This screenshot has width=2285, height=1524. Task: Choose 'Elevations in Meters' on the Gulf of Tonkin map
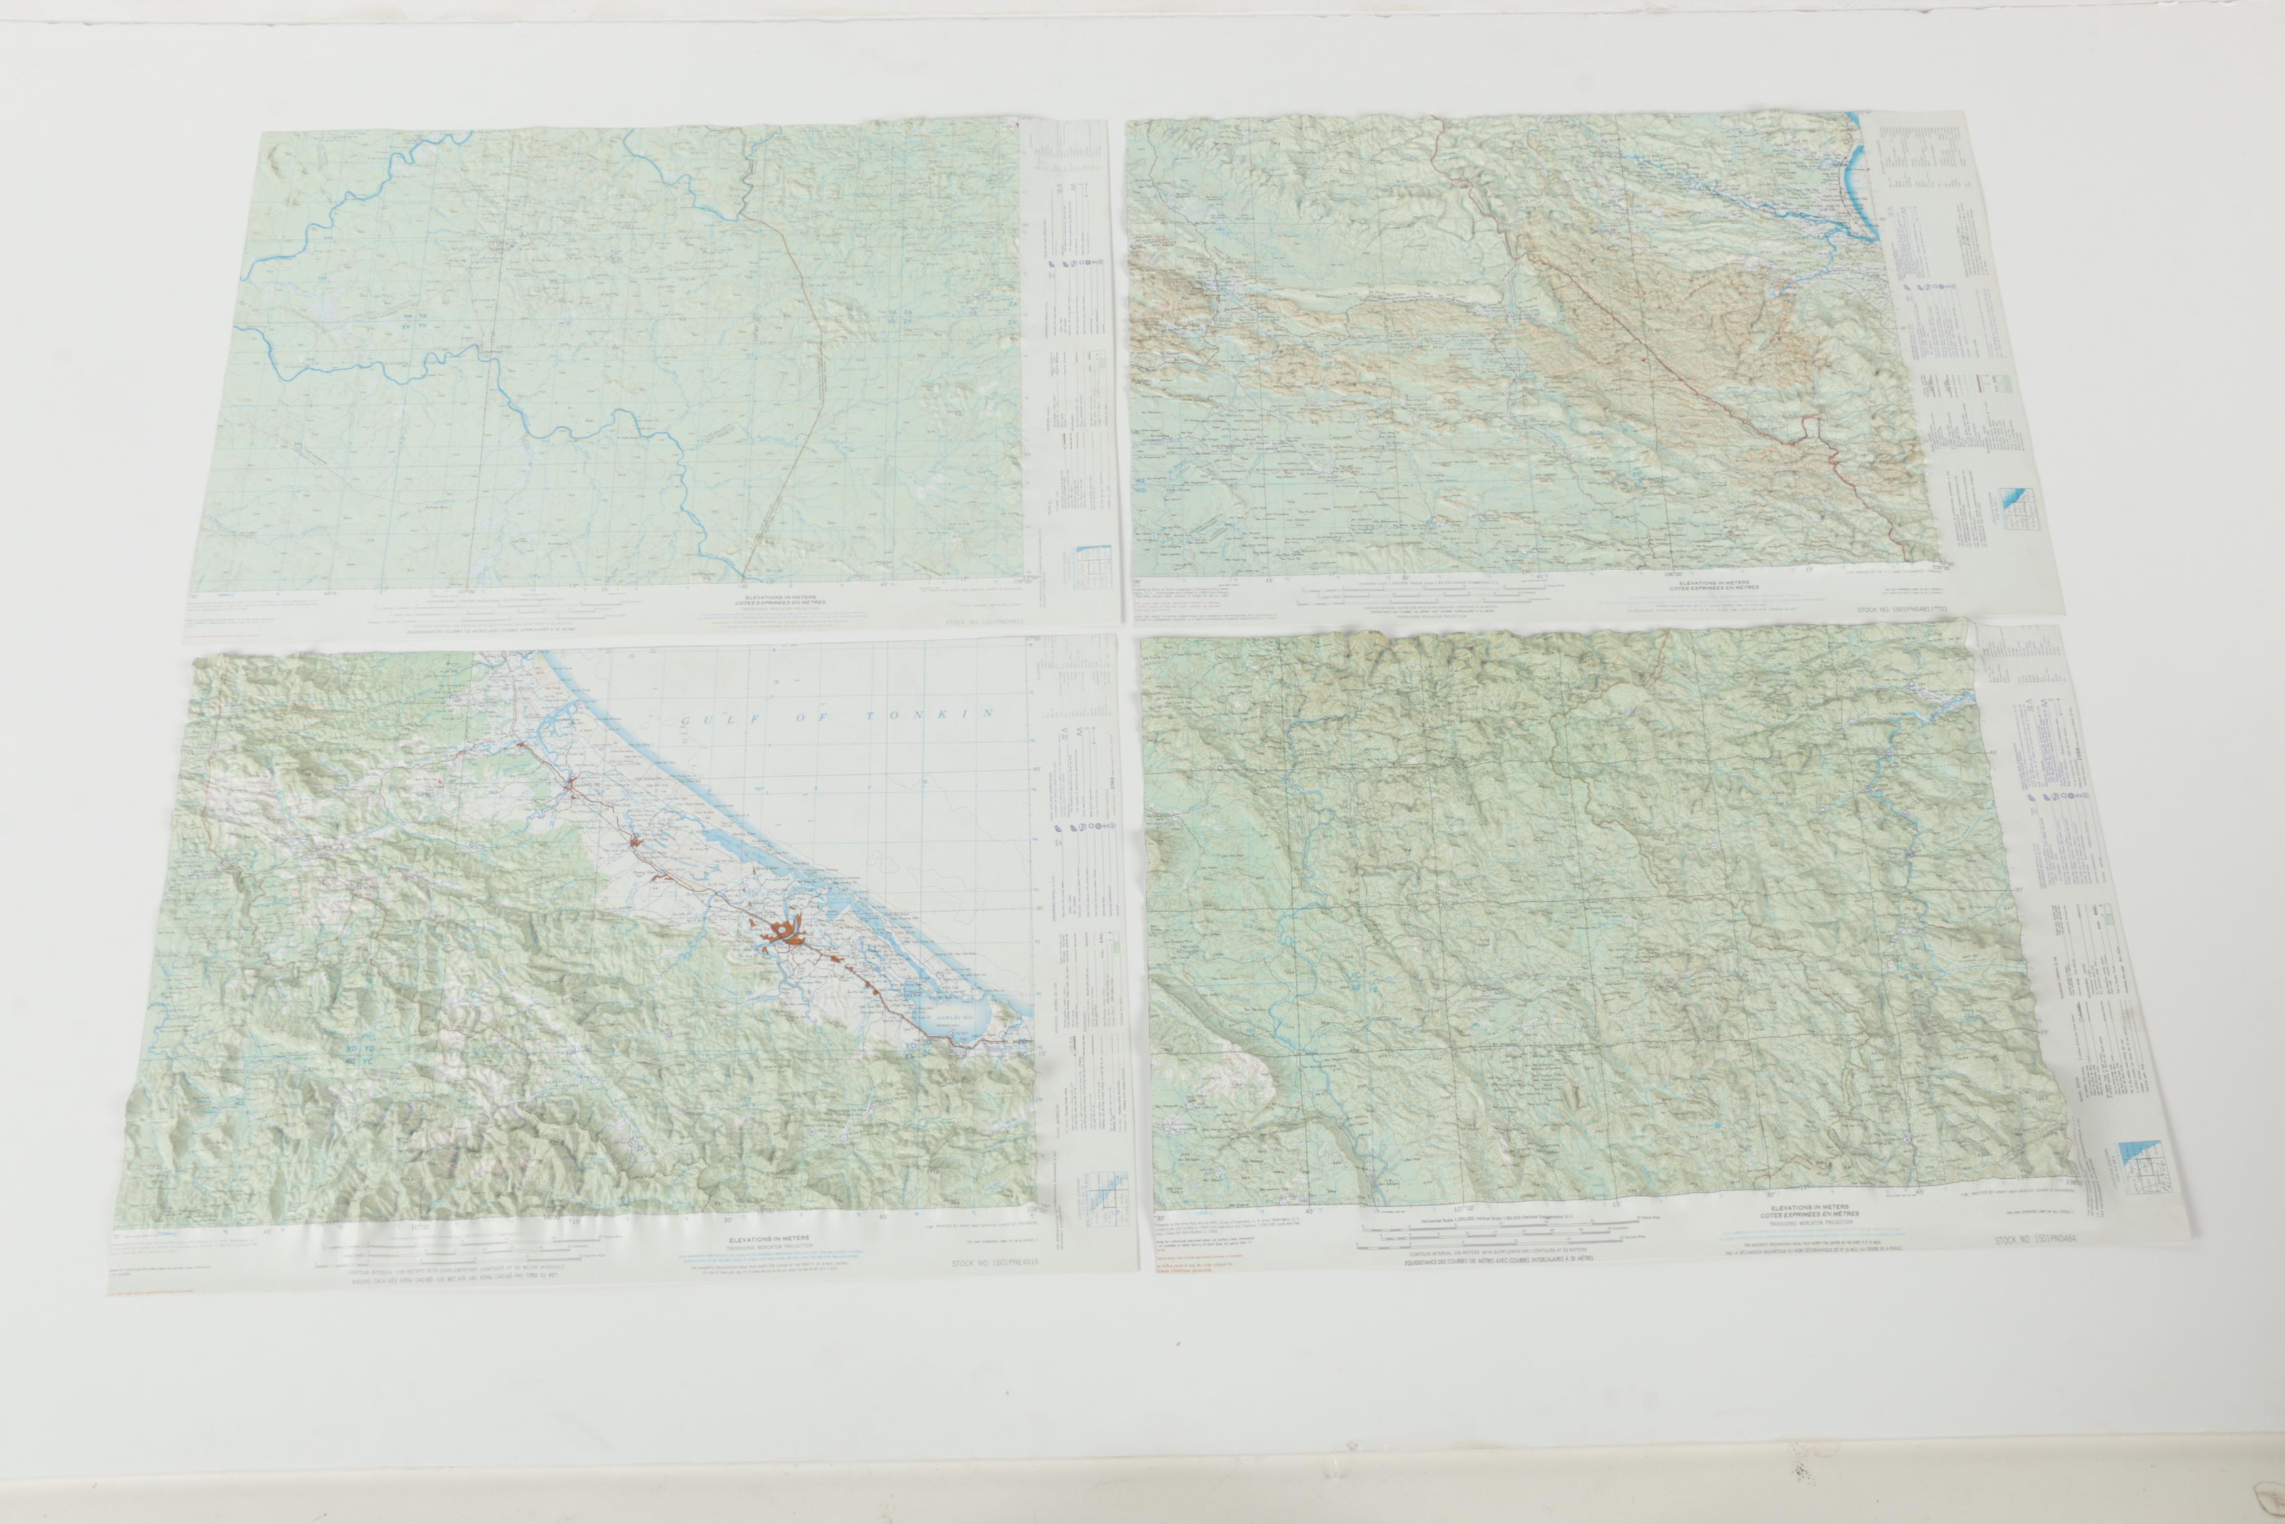pyautogui.click(x=772, y=1240)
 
